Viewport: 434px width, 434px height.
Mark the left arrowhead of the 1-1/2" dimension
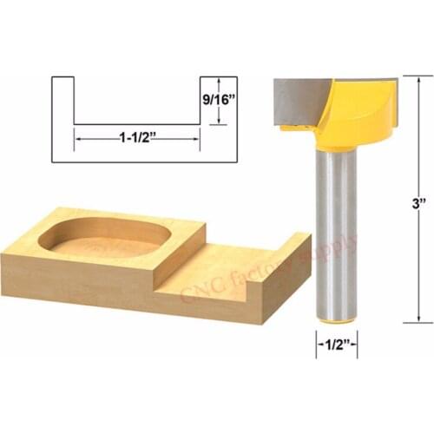click(77, 136)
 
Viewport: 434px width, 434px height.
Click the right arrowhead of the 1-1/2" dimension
click(197, 136)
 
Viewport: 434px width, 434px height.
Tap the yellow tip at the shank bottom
click(335, 320)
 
